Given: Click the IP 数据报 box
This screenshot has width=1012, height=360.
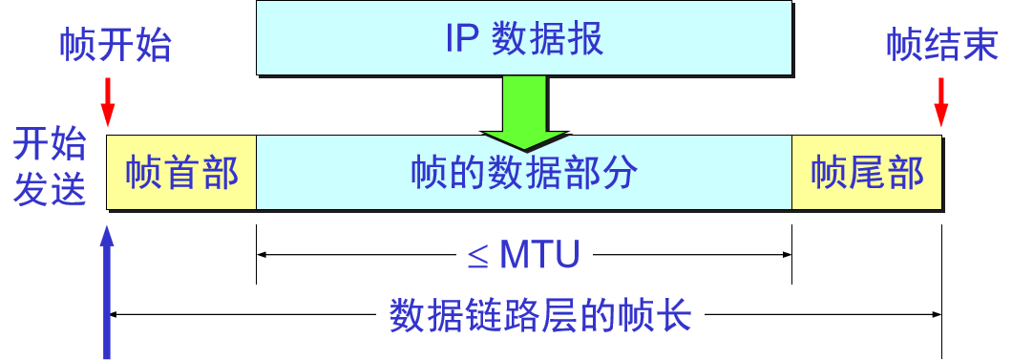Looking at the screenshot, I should [x=523, y=37].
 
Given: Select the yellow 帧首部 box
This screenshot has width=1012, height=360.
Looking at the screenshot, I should [x=181, y=173].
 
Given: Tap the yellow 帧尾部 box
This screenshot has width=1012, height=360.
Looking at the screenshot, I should [x=867, y=173].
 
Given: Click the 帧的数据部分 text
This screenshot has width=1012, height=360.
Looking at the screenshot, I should [x=524, y=173].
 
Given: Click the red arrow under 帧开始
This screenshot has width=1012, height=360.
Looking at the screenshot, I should [x=108, y=101].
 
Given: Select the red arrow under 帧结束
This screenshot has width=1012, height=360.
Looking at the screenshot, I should [x=942, y=101].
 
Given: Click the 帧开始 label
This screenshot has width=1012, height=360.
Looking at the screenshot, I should [x=115, y=45].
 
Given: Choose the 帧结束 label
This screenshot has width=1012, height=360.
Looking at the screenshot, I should [x=941, y=45].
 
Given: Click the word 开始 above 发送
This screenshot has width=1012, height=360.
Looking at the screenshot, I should [x=50, y=147].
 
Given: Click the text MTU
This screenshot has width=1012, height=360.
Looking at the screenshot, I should [x=540, y=255].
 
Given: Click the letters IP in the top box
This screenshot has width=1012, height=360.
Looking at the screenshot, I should [x=464, y=38].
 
